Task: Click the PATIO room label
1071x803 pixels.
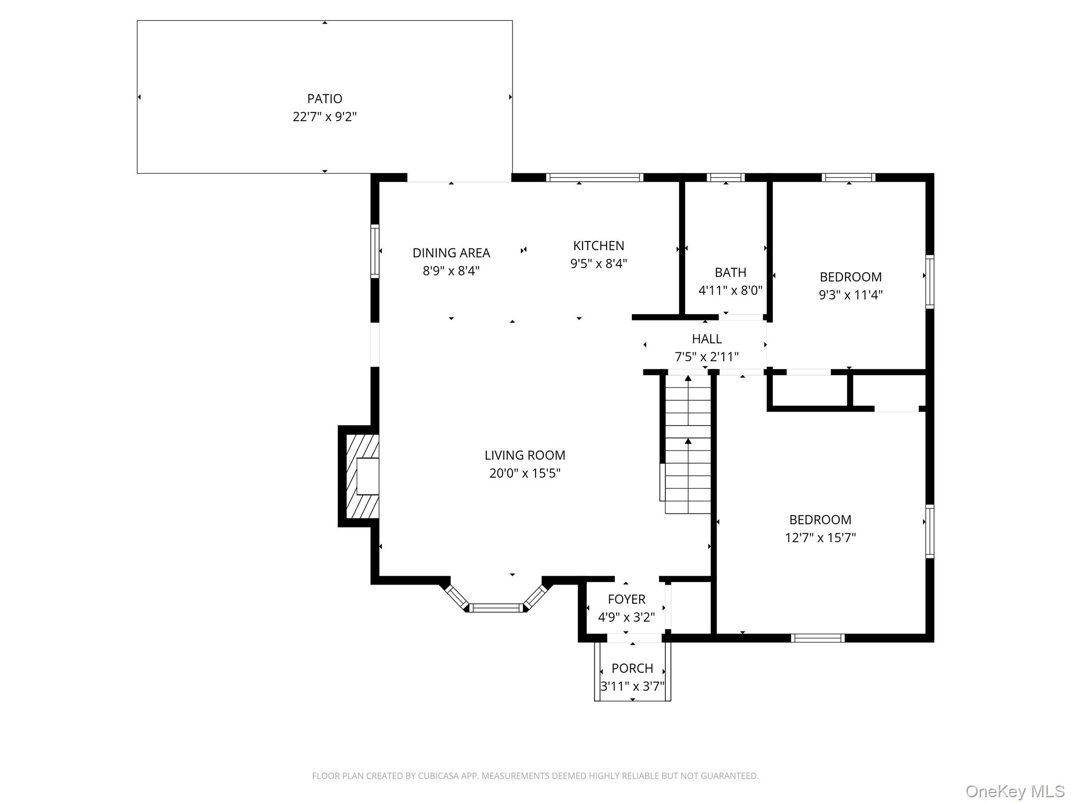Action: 324,98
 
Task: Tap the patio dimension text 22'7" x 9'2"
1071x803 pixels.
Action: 324,117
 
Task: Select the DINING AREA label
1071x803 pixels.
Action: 451,253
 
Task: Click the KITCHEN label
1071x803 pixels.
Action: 598,246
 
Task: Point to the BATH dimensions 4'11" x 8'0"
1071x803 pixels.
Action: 730,290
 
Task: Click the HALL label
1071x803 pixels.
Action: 707,339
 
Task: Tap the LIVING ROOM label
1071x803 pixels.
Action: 525,455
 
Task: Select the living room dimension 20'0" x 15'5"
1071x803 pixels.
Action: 525,473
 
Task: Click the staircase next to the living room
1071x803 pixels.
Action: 688,444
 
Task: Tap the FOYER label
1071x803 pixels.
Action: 626,599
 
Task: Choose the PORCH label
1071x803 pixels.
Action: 632,668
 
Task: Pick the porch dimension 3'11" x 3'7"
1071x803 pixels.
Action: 632,686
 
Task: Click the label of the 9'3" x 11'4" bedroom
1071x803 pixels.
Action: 850,277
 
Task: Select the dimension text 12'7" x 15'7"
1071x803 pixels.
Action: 820,537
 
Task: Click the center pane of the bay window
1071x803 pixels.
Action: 495,607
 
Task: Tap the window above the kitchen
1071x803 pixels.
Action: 595,177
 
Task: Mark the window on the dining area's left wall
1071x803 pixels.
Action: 374,251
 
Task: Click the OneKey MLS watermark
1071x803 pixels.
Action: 1015,791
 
